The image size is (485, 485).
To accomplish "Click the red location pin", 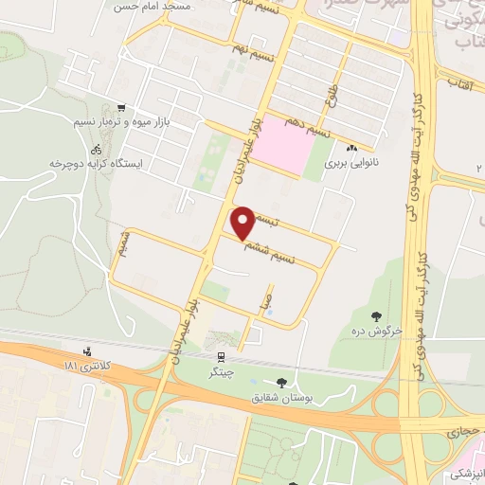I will coord(243,222).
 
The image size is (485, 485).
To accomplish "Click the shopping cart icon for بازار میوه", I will coord(120,108).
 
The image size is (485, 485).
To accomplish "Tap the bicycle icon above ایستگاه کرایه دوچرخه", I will coord(96,149).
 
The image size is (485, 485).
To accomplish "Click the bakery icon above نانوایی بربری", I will coord(352,148).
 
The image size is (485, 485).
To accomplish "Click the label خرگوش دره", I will coord(380,330).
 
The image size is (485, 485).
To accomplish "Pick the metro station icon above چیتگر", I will coord(221,357).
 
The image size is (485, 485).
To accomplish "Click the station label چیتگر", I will coord(221,371).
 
